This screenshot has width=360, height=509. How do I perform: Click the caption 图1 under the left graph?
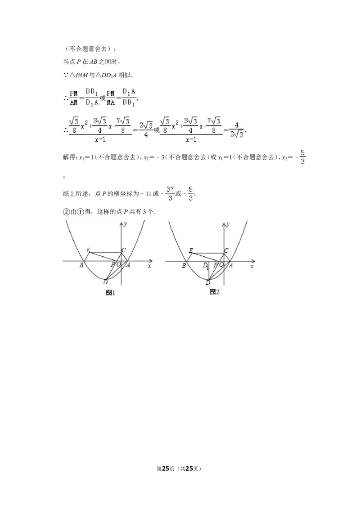click(110, 293)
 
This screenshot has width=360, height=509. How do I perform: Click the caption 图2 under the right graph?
click(215, 292)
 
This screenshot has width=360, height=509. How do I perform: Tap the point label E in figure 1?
click(88, 250)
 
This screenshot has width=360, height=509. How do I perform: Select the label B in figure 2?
click(184, 266)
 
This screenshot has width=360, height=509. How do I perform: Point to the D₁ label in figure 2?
click(206, 266)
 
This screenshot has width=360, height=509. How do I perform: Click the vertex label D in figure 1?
click(105, 282)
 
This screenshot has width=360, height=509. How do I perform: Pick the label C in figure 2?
click(226, 250)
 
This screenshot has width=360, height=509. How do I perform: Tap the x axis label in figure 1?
click(149, 266)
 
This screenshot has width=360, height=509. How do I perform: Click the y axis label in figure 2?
click(229, 223)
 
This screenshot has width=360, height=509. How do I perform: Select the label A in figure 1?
click(128, 265)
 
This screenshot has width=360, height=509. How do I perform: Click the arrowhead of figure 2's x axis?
click(253, 261)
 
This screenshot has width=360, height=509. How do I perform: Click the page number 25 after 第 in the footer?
click(166, 469)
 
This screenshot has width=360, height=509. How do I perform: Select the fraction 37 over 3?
click(170, 193)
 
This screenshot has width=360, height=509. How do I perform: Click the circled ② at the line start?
click(66, 212)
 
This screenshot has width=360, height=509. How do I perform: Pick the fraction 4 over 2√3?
click(237, 130)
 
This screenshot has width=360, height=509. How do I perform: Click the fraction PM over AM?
click(74, 98)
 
